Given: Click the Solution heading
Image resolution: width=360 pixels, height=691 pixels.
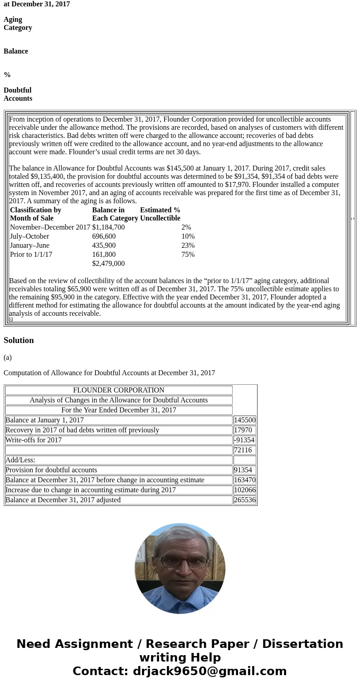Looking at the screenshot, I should (19, 340).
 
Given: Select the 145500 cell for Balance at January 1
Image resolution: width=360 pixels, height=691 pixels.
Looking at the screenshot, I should (244, 420).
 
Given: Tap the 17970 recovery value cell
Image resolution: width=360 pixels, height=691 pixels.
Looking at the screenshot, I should (243, 430).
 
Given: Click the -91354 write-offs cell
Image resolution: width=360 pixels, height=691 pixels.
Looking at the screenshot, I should (244, 440).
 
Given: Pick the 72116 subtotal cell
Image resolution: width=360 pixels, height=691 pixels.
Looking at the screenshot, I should (243, 450).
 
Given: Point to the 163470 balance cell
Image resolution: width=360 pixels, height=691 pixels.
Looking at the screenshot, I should (244, 480).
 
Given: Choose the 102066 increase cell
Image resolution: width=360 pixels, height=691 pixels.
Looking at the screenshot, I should (244, 490).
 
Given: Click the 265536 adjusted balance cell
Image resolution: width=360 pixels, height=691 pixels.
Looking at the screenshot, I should (244, 500).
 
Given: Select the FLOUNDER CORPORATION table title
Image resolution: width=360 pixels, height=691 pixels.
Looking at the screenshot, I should (118, 390).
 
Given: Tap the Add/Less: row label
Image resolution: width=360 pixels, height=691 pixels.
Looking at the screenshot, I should (20, 460).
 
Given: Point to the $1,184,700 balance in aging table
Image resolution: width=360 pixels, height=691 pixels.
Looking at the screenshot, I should (108, 227).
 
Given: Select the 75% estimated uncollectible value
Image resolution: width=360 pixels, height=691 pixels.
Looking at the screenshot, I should (188, 255).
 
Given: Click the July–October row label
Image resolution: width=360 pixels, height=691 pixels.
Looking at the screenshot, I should (29, 236).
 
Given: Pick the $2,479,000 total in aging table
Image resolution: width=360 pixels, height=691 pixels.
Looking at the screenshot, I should (108, 264).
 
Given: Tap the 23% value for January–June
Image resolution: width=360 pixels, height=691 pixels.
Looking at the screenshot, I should (188, 245).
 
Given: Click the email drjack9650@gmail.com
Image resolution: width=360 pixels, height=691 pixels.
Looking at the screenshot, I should (209, 671).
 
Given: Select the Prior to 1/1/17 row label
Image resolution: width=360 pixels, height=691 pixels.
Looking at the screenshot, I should (31, 255).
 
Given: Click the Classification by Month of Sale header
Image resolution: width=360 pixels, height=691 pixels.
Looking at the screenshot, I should (35, 214).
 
